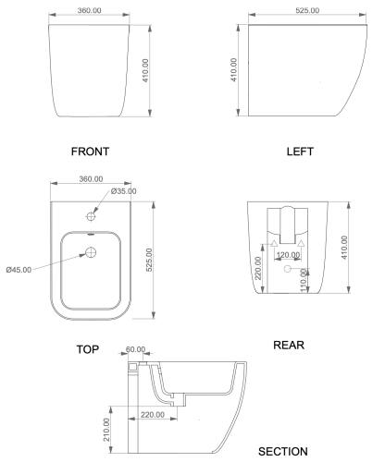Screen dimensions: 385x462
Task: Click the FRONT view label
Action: (x=90, y=152)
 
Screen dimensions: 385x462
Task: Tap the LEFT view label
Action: (x=300, y=152)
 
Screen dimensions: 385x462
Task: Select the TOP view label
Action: (x=88, y=349)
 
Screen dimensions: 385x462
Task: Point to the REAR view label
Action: (x=289, y=345)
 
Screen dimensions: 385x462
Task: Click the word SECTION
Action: (x=283, y=452)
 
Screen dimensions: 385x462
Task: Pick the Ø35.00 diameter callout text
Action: (x=123, y=191)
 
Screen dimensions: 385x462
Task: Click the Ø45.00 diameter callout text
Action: (x=19, y=270)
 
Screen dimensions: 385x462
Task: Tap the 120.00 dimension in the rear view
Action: (x=288, y=255)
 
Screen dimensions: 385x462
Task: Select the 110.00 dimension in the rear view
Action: (x=304, y=280)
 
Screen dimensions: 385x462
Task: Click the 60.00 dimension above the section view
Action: (x=135, y=349)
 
